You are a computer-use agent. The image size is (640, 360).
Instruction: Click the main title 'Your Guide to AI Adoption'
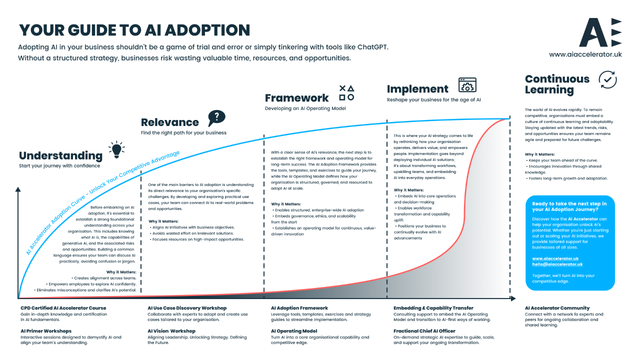pos(134,30)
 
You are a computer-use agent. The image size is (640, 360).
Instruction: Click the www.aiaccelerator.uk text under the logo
pos(585,54)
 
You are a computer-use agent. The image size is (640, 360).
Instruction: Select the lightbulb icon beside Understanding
pos(116,149)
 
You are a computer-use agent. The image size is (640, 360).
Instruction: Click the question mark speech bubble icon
pos(216,118)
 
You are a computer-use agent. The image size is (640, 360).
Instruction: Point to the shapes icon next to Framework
pos(346,92)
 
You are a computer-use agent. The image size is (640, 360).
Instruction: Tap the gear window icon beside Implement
pos(467,85)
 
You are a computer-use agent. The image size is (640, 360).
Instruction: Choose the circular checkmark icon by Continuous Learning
pos(607,79)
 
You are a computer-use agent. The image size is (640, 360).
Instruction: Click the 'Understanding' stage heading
pos(60,155)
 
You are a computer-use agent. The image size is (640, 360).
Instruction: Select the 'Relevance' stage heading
pos(170,122)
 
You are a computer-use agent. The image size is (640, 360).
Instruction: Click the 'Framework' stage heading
pos(297,98)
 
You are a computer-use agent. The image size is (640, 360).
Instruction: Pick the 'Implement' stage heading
pos(417,89)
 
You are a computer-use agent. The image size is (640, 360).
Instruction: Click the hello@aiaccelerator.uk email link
pos(557,264)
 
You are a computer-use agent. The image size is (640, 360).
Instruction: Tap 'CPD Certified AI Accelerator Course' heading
pos(63,308)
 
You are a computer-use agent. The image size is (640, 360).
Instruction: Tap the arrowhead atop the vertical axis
pos(18,189)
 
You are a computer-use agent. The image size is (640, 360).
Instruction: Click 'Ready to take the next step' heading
pos(569,206)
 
